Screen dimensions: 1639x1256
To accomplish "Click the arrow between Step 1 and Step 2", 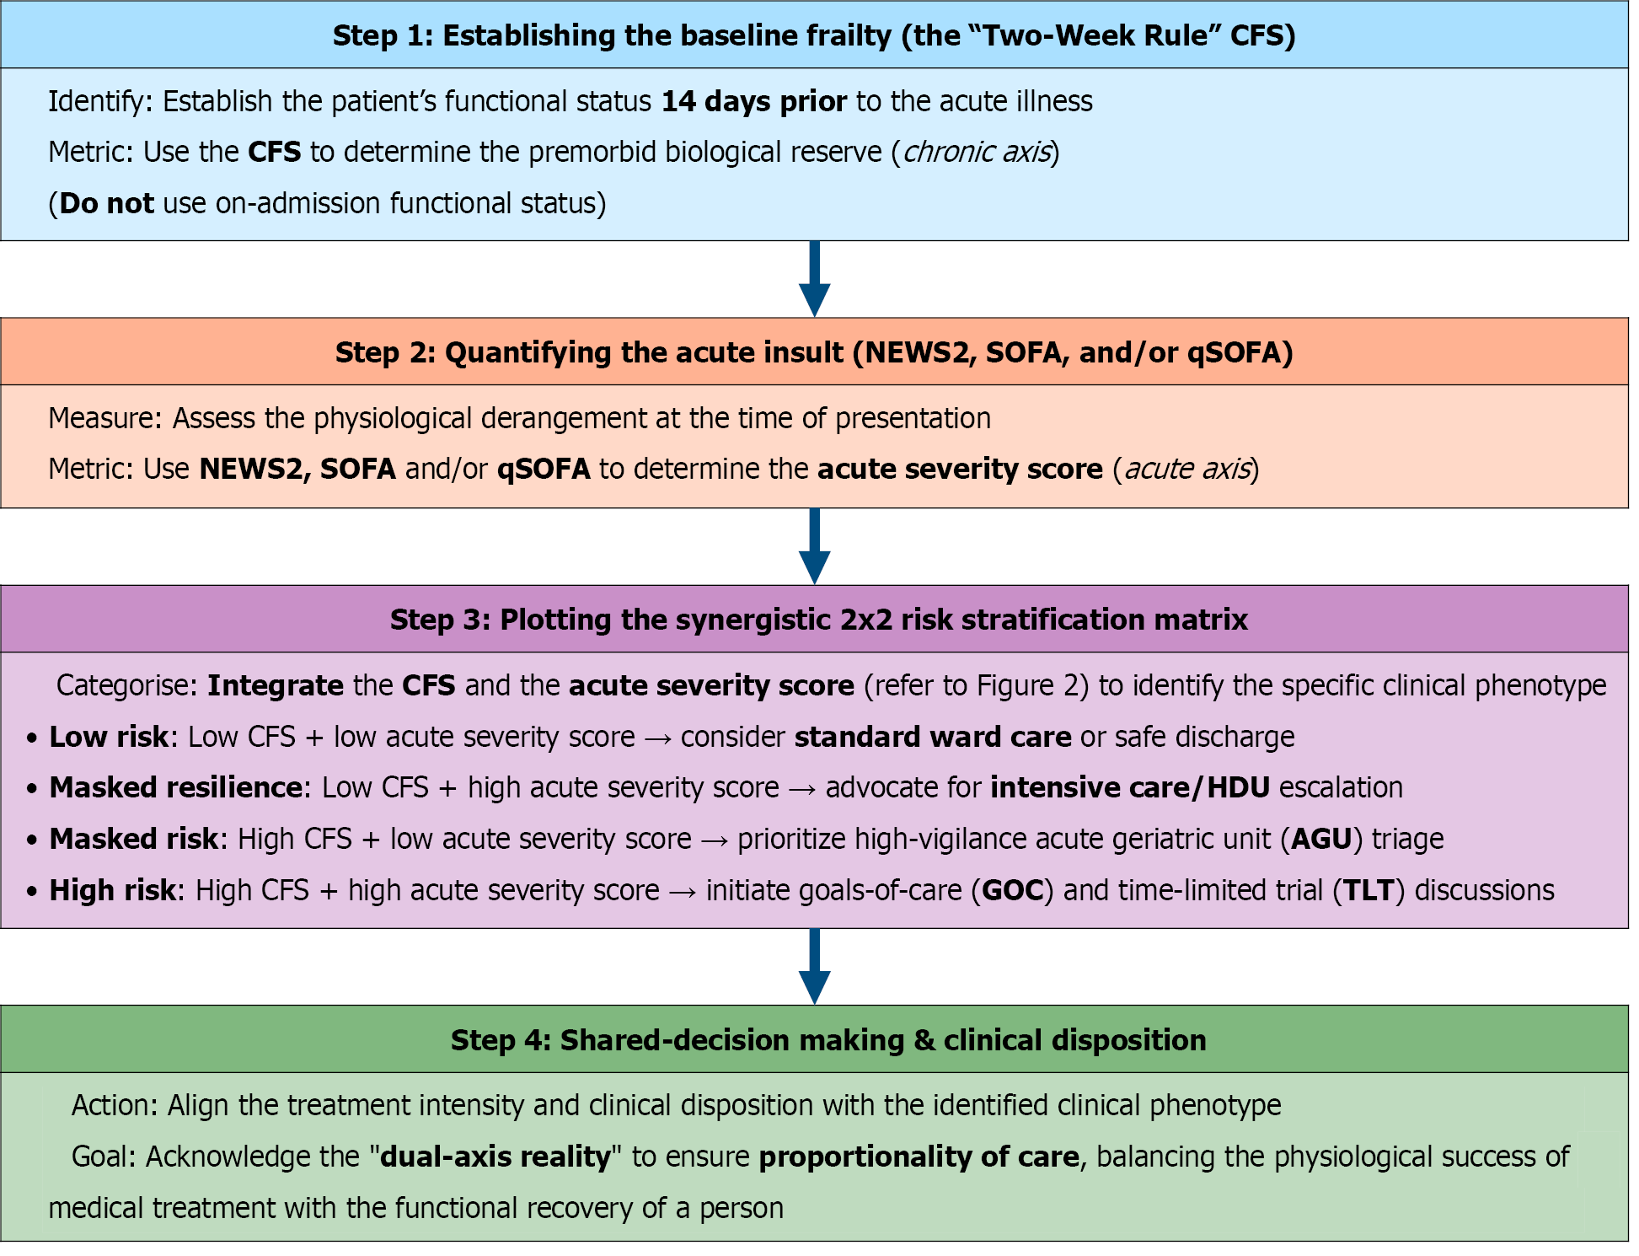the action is pos(814,279).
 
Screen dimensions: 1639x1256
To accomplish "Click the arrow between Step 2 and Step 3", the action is pos(814,546).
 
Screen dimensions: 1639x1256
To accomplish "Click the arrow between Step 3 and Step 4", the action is pos(814,967).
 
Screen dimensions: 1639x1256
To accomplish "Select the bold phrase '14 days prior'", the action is pos(754,101).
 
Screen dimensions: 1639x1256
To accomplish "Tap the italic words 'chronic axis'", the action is pos(977,152).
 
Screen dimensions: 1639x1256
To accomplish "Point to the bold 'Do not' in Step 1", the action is pos(107,203).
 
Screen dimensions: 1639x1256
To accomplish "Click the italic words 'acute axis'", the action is pos(1186,469).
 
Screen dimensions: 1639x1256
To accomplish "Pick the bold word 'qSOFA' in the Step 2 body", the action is pos(544,469).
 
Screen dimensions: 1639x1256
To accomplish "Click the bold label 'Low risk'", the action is pos(109,737).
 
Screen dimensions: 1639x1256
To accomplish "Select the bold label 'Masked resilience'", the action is pos(176,787).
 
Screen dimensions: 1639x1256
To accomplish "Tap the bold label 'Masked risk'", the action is pos(134,839).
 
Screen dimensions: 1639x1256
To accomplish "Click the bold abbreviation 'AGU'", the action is pos(1321,839).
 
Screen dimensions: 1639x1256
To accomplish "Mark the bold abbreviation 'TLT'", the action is pos(1369,890).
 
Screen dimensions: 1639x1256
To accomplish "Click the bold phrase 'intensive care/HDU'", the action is pos(1130,787).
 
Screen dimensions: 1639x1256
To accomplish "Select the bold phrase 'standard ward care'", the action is pos(933,737).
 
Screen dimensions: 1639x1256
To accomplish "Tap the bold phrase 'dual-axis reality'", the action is pos(495,1157).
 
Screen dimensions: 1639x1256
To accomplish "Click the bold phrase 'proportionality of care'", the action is pos(919,1157).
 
